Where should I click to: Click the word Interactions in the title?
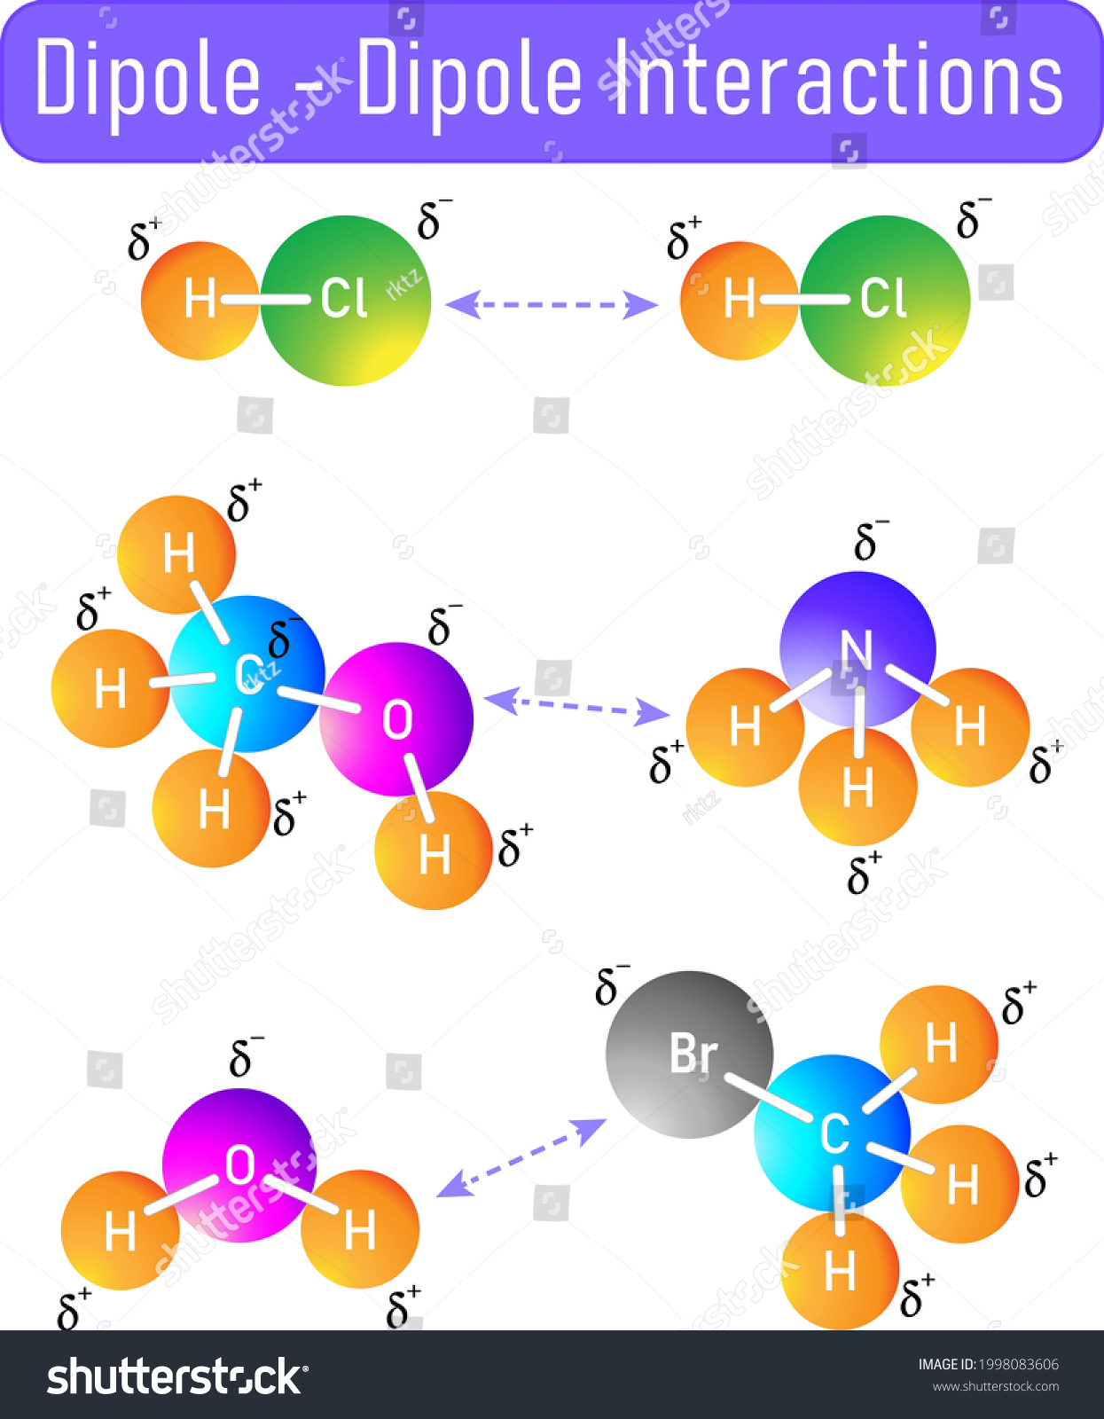pyautogui.click(x=839, y=78)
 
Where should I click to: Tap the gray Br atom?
pyautogui.click(x=689, y=1054)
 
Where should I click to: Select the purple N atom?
pyautogui.click(x=857, y=649)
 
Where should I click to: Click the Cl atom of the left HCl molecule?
pyautogui.click(x=345, y=301)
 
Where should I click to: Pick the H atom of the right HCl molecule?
pyautogui.click(x=739, y=301)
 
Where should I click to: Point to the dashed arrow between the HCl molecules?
pyautogui.click(x=552, y=305)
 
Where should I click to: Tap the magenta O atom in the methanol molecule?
pyautogui.click(x=396, y=719)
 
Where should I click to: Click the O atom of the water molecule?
pyautogui.click(x=239, y=1165)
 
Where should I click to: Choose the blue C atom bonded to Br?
pyautogui.click(x=833, y=1133)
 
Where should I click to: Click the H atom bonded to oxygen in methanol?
pyautogui.click(x=433, y=851)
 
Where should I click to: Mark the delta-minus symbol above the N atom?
pyautogui.click(x=870, y=539)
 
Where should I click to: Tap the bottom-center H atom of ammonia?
pyautogui.click(x=857, y=787)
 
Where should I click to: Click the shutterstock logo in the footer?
pyautogui.click(x=177, y=1376)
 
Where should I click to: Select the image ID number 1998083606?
pyautogui.click(x=1019, y=1364)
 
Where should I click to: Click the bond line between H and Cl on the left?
pyautogui.click(x=266, y=300)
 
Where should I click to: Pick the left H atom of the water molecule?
pyautogui.click(x=120, y=1230)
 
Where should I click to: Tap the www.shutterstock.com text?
pyautogui.click(x=996, y=1386)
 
